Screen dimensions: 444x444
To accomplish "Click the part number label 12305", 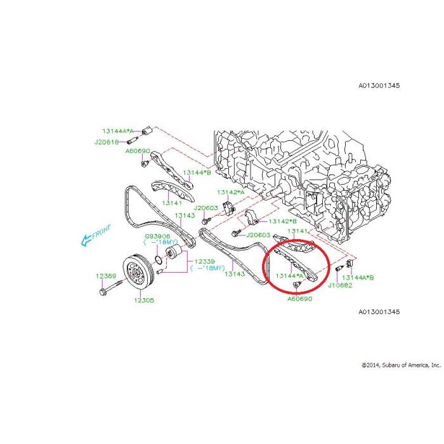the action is coord(144,300).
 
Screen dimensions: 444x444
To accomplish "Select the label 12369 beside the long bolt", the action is coord(106,276).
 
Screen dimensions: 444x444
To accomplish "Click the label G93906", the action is coord(158,236).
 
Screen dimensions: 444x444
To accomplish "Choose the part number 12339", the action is coord(205,261).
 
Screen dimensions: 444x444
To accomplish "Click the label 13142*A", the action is coord(231,192).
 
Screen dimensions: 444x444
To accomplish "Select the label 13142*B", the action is coord(283,221).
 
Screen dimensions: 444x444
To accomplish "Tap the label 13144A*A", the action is coord(118,131).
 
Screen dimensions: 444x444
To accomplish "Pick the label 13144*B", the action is coord(197,173).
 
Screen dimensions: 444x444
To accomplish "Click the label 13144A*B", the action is coord(358,278).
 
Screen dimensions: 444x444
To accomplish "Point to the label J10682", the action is coord(340,285).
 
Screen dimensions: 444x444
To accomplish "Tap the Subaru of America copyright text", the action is coord(402,365).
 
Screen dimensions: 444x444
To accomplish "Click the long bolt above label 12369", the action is coord(111,287).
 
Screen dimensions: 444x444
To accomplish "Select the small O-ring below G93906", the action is coord(159,259).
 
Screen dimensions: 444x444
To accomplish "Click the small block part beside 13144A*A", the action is coord(147,131).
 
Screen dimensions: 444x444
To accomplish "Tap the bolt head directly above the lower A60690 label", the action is coord(296,285).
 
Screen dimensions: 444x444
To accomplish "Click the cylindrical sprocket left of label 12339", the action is coord(174,252).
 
